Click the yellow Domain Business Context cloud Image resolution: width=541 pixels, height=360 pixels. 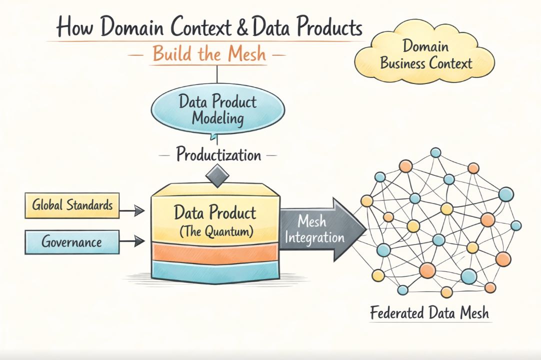[x=425, y=55]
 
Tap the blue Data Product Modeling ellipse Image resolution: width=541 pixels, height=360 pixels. [x=218, y=110]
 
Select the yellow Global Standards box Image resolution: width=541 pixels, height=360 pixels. [x=72, y=205]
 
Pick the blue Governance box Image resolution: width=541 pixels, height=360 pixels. [x=72, y=242]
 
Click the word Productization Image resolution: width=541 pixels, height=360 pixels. [x=218, y=154]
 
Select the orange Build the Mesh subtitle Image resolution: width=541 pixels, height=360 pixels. [x=209, y=53]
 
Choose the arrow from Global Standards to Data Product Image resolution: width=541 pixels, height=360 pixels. [x=132, y=212]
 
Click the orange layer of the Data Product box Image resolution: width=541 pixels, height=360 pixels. [x=215, y=252]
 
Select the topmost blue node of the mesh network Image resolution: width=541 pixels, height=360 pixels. [x=435, y=152]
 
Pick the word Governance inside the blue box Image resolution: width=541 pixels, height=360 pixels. [x=72, y=242]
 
